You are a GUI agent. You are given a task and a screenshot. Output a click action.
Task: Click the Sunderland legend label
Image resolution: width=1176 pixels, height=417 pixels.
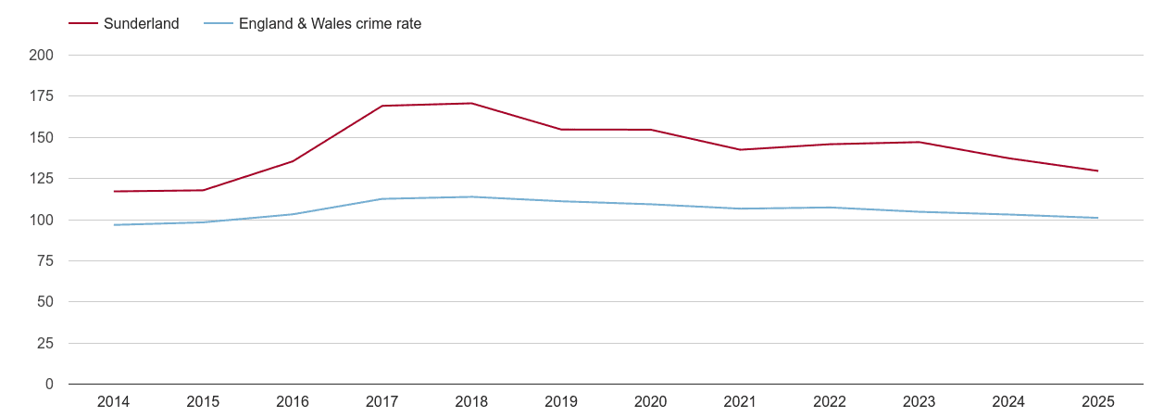point(141,24)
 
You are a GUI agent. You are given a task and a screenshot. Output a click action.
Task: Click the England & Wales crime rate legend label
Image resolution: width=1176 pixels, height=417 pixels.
point(330,24)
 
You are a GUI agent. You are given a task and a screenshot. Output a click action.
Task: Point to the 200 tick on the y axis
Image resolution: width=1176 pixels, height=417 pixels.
point(42,56)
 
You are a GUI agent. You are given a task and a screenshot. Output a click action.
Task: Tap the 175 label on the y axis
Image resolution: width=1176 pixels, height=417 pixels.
point(42,96)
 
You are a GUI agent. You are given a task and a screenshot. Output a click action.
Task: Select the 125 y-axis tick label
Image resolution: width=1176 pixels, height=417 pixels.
point(42,179)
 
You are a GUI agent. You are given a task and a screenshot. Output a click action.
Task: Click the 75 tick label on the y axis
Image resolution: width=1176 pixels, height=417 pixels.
point(45,261)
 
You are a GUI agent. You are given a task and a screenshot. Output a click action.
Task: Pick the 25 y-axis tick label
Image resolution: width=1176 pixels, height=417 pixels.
point(45,344)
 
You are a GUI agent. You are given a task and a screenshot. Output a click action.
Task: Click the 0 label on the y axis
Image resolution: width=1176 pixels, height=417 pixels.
point(49,385)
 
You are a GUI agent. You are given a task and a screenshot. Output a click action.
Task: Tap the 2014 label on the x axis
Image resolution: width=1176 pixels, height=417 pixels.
point(113,402)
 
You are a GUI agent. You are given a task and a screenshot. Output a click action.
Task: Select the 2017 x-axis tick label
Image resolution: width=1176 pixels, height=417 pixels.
point(382,402)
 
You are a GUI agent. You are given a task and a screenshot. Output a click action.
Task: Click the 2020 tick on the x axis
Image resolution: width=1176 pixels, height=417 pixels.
point(650,402)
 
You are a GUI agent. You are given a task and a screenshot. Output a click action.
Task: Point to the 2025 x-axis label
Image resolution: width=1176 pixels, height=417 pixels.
point(1097,402)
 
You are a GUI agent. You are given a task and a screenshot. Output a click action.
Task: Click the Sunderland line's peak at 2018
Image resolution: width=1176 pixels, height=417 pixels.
point(471,103)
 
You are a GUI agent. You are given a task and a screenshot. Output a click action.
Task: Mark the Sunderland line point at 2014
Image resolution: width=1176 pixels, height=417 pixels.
point(114,191)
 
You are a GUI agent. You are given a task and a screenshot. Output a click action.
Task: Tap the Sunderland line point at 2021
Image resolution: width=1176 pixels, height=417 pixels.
point(740,149)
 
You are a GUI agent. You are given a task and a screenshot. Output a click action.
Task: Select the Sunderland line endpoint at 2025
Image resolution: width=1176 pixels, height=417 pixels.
point(1097,171)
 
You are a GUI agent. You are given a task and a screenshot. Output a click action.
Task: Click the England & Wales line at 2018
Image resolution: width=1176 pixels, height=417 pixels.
point(471,196)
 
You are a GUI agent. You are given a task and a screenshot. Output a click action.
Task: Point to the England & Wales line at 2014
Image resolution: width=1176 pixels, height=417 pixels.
point(114,224)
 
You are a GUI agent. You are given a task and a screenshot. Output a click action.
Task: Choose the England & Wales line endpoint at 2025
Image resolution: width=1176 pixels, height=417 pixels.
point(1097,218)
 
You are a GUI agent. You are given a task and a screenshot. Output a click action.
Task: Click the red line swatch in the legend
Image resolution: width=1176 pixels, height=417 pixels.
point(83,24)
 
